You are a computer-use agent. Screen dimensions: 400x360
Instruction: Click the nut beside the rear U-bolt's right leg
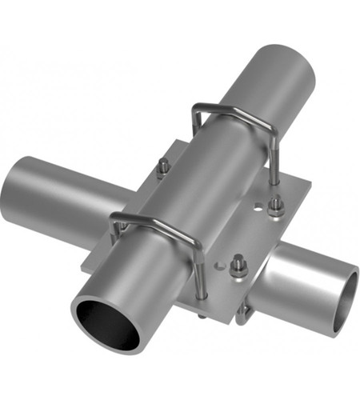[x=275, y=206]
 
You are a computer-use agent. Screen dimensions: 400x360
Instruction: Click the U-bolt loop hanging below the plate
[x=243, y=312]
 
